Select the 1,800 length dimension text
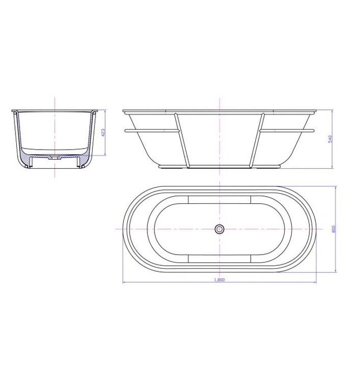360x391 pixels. coord(219,280)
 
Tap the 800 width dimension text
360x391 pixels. coord(333,228)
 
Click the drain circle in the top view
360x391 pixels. coord(219,228)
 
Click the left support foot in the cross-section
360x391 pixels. coord(28,163)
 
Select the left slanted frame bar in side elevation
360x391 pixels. coord(180,140)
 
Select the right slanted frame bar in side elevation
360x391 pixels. coord(258,140)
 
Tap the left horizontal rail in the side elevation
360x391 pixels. coord(151,131)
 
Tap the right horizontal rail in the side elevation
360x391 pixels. coord(287,131)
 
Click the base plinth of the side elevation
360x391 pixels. coord(219,166)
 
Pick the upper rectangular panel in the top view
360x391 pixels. coord(219,199)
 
